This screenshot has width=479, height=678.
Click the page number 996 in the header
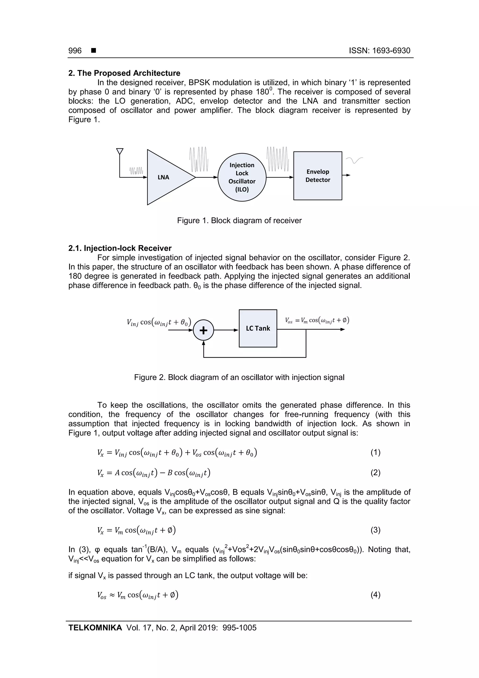click(75, 51)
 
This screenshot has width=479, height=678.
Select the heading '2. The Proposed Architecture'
click(124, 73)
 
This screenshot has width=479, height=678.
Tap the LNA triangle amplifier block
click(167, 177)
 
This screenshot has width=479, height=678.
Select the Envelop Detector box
click(318, 176)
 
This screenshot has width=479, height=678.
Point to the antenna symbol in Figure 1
click(120, 151)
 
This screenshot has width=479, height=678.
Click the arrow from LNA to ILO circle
click(207, 177)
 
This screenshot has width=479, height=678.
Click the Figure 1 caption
click(239, 221)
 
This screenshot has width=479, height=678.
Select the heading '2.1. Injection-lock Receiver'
click(120, 248)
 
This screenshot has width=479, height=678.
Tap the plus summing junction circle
click(203, 330)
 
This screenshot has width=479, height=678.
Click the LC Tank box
click(258, 328)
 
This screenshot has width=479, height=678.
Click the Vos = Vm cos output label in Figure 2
click(317, 320)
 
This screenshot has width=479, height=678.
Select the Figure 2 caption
click(239, 377)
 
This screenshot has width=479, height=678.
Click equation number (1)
click(375, 452)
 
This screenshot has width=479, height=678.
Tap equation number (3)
click(375, 530)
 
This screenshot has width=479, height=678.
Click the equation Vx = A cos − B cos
click(154, 473)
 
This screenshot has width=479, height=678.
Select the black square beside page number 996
click(94, 51)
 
